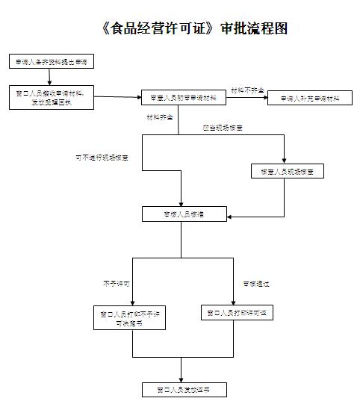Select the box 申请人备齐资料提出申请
click(52, 60)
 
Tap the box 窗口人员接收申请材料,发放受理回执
click(51, 96)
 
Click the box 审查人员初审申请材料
click(179, 98)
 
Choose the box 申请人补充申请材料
click(310, 98)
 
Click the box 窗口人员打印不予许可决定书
click(128, 317)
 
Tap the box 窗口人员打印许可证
click(238, 312)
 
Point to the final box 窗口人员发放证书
click(182, 390)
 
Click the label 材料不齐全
click(246, 90)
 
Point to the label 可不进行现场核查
click(102, 158)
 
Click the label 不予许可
click(117, 284)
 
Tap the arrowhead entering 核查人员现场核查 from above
click(284, 160)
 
